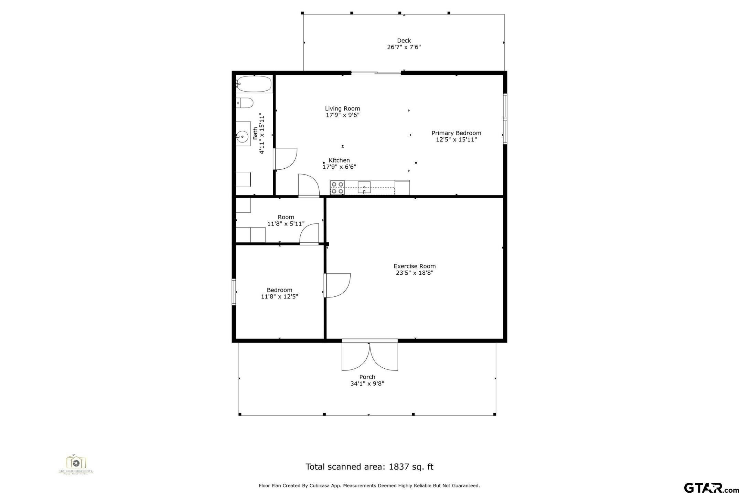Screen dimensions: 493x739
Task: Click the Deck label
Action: pyautogui.click(x=404, y=41)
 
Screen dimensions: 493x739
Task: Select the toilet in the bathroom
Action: pyautogui.click(x=245, y=103)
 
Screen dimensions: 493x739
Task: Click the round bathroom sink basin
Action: pyautogui.click(x=243, y=137)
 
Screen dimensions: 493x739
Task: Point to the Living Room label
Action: pyautogui.click(x=342, y=108)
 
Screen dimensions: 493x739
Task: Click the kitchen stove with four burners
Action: pyautogui.click(x=337, y=188)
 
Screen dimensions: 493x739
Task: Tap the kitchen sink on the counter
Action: pyautogui.click(x=364, y=188)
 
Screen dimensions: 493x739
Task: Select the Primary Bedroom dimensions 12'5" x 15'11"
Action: pyautogui.click(x=456, y=140)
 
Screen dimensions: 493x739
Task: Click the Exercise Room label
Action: pyautogui.click(x=415, y=266)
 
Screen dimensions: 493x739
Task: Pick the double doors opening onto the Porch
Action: pyautogui.click(x=369, y=356)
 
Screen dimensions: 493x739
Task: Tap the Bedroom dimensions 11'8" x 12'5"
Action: pyautogui.click(x=279, y=297)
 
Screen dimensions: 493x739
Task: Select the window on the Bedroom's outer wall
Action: pyautogui.click(x=234, y=292)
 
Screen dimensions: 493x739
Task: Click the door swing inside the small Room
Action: pyautogui.click(x=310, y=234)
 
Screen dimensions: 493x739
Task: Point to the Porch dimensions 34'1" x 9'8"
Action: pyautogui.click(x=367, y=384)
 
